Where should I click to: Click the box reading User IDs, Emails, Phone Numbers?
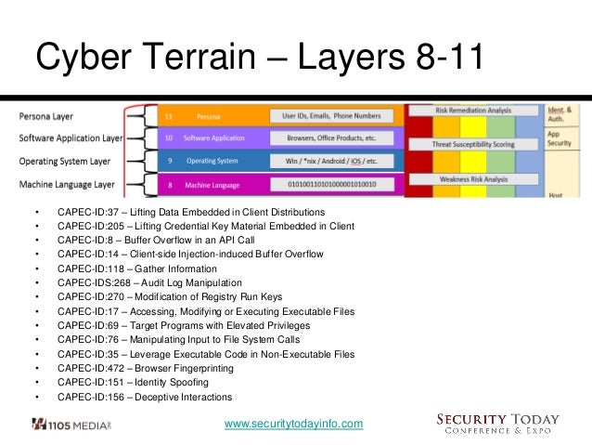331,117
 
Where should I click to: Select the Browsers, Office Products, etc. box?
331,138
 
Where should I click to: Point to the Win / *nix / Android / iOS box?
331,161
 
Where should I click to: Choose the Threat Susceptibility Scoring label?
474,144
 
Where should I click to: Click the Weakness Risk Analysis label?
474,178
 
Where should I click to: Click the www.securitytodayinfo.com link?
294,425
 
